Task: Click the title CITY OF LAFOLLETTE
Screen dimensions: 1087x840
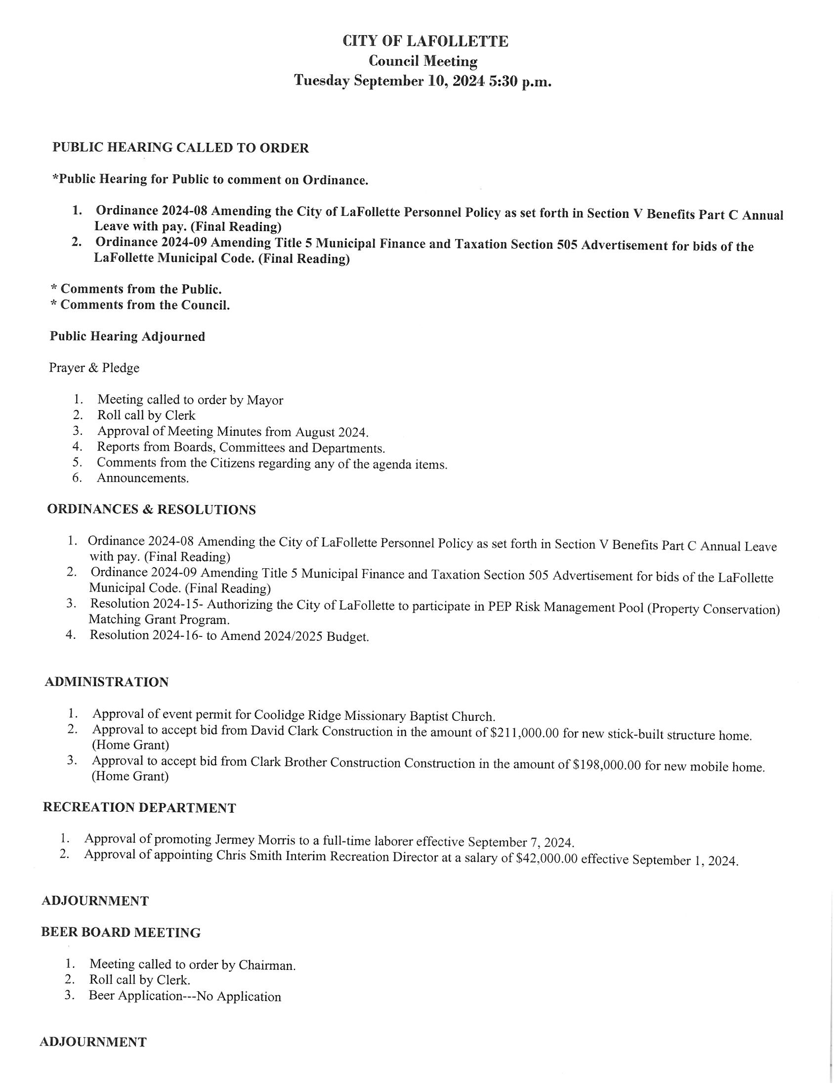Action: click(425, 42)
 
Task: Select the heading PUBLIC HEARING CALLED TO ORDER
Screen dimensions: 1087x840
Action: click(181, 148)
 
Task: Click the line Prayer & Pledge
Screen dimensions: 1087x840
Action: click(94, 368)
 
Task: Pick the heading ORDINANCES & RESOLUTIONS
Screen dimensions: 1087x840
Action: click(151, 510)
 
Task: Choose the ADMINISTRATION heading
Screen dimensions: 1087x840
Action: click(107, 682)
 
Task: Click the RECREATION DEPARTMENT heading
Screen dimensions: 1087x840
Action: click(139, 808)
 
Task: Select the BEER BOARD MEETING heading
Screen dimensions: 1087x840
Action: click(121, 933)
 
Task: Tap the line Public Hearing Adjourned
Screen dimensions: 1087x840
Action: click(127, 336)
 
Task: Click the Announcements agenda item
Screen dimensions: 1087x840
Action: click(143, 478)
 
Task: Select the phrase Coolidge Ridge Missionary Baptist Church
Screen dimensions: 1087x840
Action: click(374, 716)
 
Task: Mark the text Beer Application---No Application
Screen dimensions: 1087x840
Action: click(185, 997)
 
